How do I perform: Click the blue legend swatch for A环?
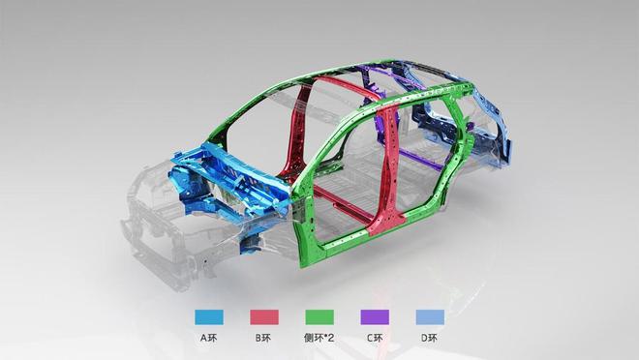(209, 317)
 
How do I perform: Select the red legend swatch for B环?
(264, 317)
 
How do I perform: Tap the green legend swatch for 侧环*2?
(319, 317)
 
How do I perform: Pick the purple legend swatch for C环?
(375, 317)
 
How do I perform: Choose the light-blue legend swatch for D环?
(430, 317)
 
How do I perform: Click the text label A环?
(209, 338)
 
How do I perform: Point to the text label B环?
(263, 338)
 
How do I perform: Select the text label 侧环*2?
(319, 338)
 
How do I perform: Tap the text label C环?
(375, 338)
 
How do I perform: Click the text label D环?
(430, 338)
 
